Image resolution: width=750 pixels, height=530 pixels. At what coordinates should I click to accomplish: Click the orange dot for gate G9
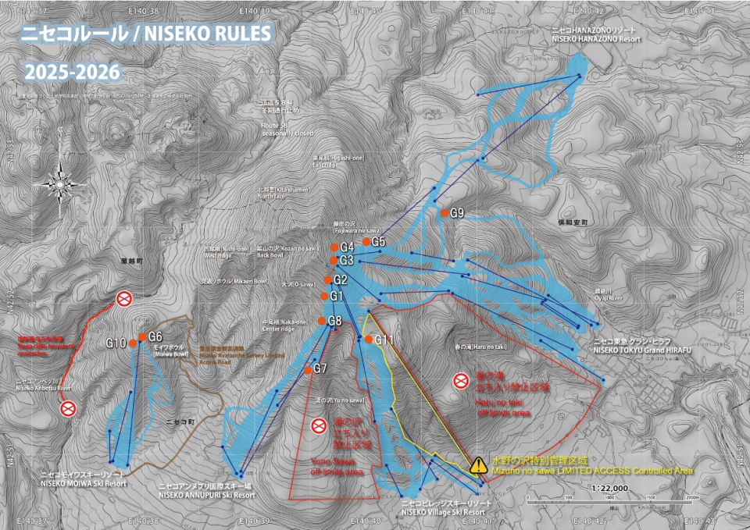coord(444,213)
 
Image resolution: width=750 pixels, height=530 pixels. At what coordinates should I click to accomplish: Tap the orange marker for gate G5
coord(366,242)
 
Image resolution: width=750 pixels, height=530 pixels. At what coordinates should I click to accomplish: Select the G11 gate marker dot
coord(368,339)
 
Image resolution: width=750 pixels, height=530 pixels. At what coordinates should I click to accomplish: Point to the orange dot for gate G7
coord(309,370)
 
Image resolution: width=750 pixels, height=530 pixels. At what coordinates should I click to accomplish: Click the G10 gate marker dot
coord(133,343)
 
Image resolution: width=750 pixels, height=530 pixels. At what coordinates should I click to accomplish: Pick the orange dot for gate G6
coord(141,337)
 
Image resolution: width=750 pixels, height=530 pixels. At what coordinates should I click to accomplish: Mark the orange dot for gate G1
coord(324,296)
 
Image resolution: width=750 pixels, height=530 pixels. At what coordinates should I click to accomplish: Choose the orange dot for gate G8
coord(321,321)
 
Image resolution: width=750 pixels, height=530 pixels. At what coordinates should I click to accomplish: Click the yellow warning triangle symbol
coord(477,465)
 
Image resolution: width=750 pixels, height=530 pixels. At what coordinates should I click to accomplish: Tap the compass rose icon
coord(59,183)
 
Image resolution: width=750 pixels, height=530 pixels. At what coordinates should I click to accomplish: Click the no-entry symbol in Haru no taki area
coord(461,381)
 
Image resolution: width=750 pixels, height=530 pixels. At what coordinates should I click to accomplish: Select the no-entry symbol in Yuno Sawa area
coord(318,425)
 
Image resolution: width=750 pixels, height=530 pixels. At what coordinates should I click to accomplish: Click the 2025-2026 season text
coord(72,72)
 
